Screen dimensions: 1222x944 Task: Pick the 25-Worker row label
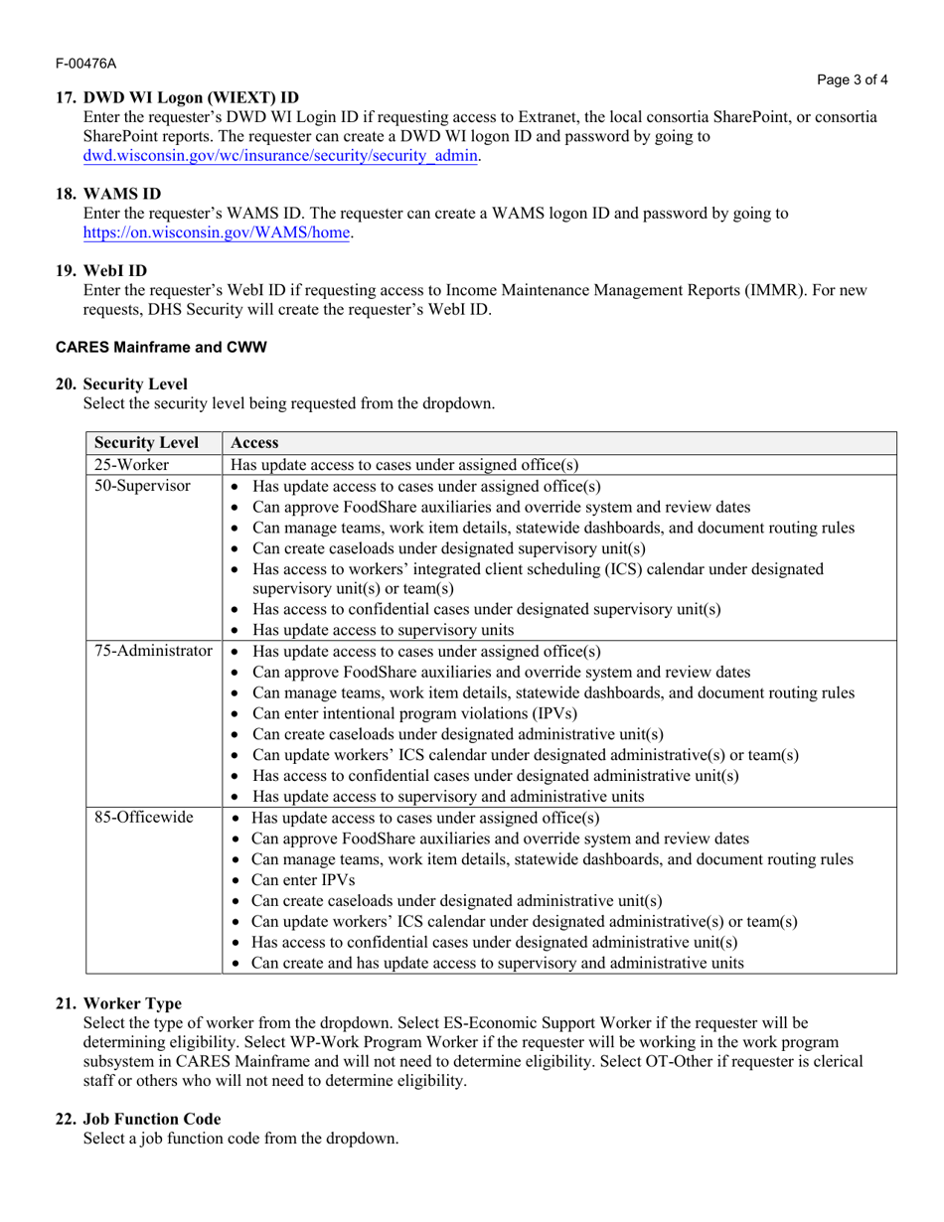(x=131, y=465)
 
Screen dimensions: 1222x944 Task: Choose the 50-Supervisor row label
(x=142, y=486)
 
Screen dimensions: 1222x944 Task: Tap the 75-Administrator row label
(x=153, y=652)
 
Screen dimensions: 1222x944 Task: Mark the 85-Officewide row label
(x=143, y=818)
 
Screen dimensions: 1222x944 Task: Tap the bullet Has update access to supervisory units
(x=384, y=630)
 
